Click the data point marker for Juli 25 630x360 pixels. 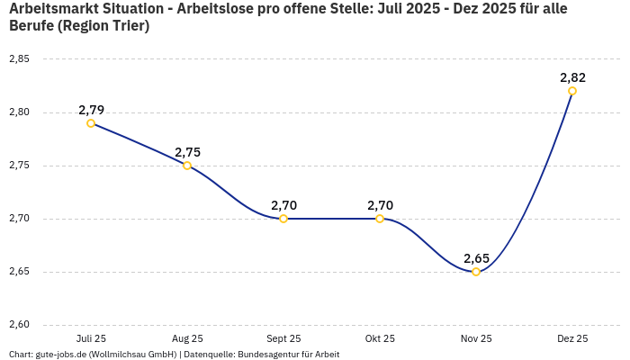pyautogui.click(x=91, y=123)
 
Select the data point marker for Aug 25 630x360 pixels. pyautogui.click(x=187, y=166)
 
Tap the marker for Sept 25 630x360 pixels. pyautogui.click(x=283, y=219)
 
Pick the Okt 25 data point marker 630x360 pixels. pyautogui.click(x=380, y=219)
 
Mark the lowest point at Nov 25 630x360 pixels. pyautogui.click(x=476, y=272)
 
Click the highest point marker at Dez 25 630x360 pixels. pyautogui.click(x=572, y=91)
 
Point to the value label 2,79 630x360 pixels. pyautogui.click(x=91, y=110)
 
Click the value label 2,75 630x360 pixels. pyautogui.click(x=187, y=152)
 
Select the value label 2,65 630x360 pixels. pyautogui.click(x=476, y=258)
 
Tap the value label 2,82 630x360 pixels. pyautogui.click(x=572, y=77)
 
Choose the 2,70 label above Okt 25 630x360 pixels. pyautogui.click(x=380, y=205)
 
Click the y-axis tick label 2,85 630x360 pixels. pyautogui.click(x=19, y=59)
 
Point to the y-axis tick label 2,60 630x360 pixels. pyautogui.click(x=19, y=325)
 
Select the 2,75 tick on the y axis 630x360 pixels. pyautogui.click(x=19, y=166)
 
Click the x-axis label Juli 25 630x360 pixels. pyautogui.click(x=91, y=338)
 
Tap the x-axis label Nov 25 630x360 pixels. pyautogui.click(x=476, y=338)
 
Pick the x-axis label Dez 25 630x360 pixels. pyautogui.click(x=572, y=338)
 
